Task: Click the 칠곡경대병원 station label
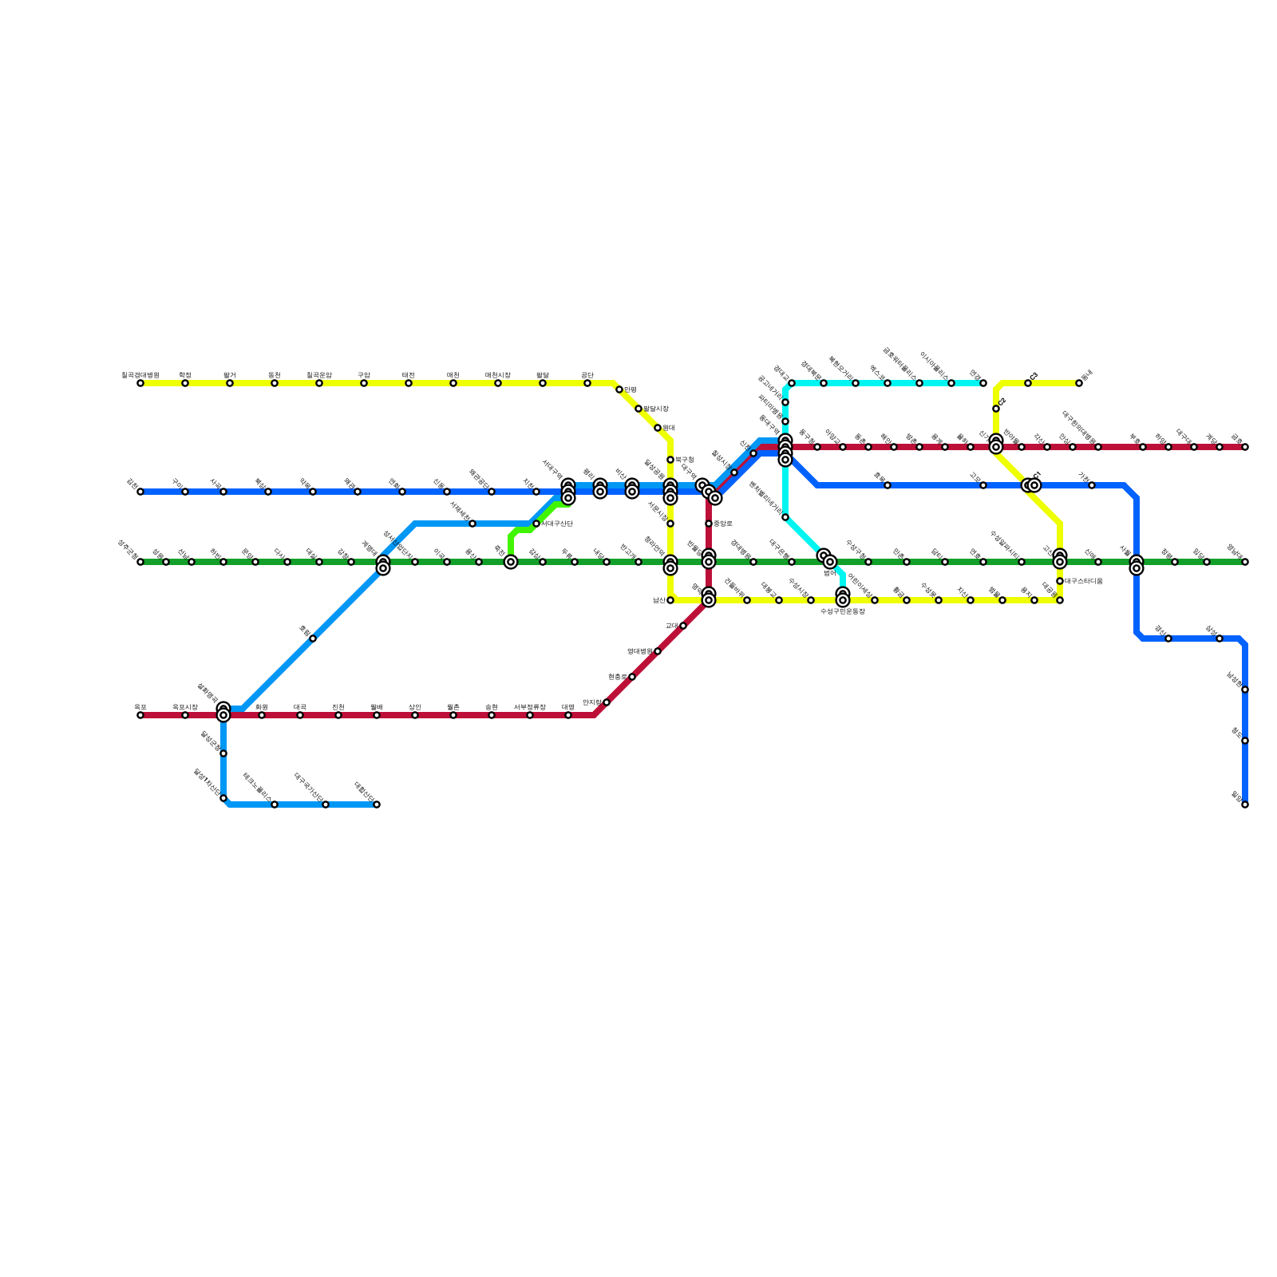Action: [x=140, y=374]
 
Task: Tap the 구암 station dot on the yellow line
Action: [x=364, y=383]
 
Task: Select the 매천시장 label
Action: [x=497, y=374]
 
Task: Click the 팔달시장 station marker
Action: [x=638, y=409]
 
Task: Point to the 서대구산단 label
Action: [x=556, y=524]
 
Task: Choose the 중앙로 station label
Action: [x=723, y=524]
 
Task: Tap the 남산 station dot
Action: [x=670, y=600]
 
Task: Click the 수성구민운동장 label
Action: [x=842, y=611]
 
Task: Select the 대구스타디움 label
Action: [x=1083, y=581]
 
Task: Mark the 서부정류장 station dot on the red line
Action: [x=530, y=715]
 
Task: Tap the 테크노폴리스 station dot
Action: [x=275, y=805]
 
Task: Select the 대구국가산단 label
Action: [x=308, y=787]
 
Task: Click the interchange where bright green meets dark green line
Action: [x=511, y=562]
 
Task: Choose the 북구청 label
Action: [x=684, y=460]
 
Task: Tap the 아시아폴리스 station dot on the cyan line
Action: [x=951, y=383]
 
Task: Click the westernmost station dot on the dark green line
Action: [x=140, y=562]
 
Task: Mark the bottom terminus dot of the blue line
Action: [x=1245, y=805]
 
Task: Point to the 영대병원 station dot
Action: [x=658, y=651]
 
